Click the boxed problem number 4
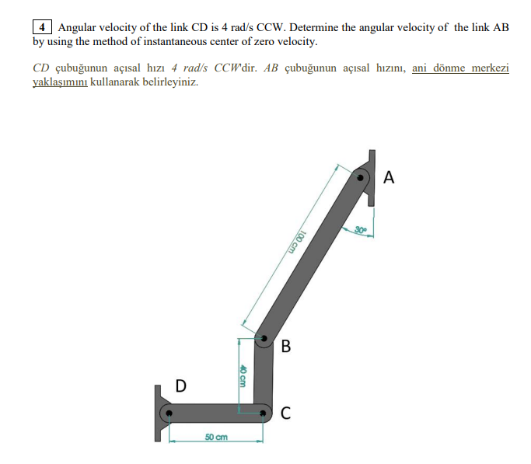click(41, 27)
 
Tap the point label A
click(389, 178)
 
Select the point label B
click(285, 346)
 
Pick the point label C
click(285, 413)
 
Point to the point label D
click(180, 385)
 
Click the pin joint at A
click(362, 178)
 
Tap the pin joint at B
click(264, 339)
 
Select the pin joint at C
click(264, 412)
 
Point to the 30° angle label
click(361, 229)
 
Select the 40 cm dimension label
click(243, 377)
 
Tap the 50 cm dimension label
click(216, 438)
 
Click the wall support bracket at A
click(369, 177)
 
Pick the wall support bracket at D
click(160, 413)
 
